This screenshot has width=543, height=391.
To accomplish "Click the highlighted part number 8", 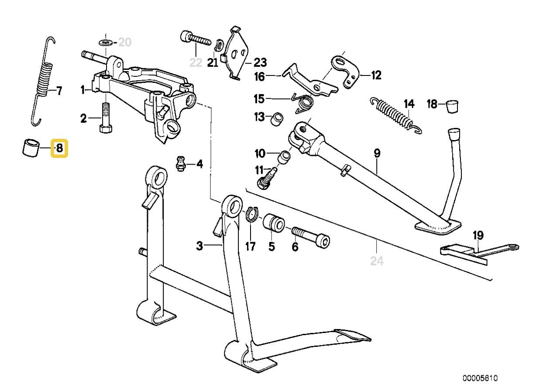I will [59, 148].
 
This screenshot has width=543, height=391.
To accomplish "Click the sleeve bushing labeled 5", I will [273, 223].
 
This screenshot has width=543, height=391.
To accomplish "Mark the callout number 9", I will [377, 153].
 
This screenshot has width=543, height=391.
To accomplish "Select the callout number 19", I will [478, 236].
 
